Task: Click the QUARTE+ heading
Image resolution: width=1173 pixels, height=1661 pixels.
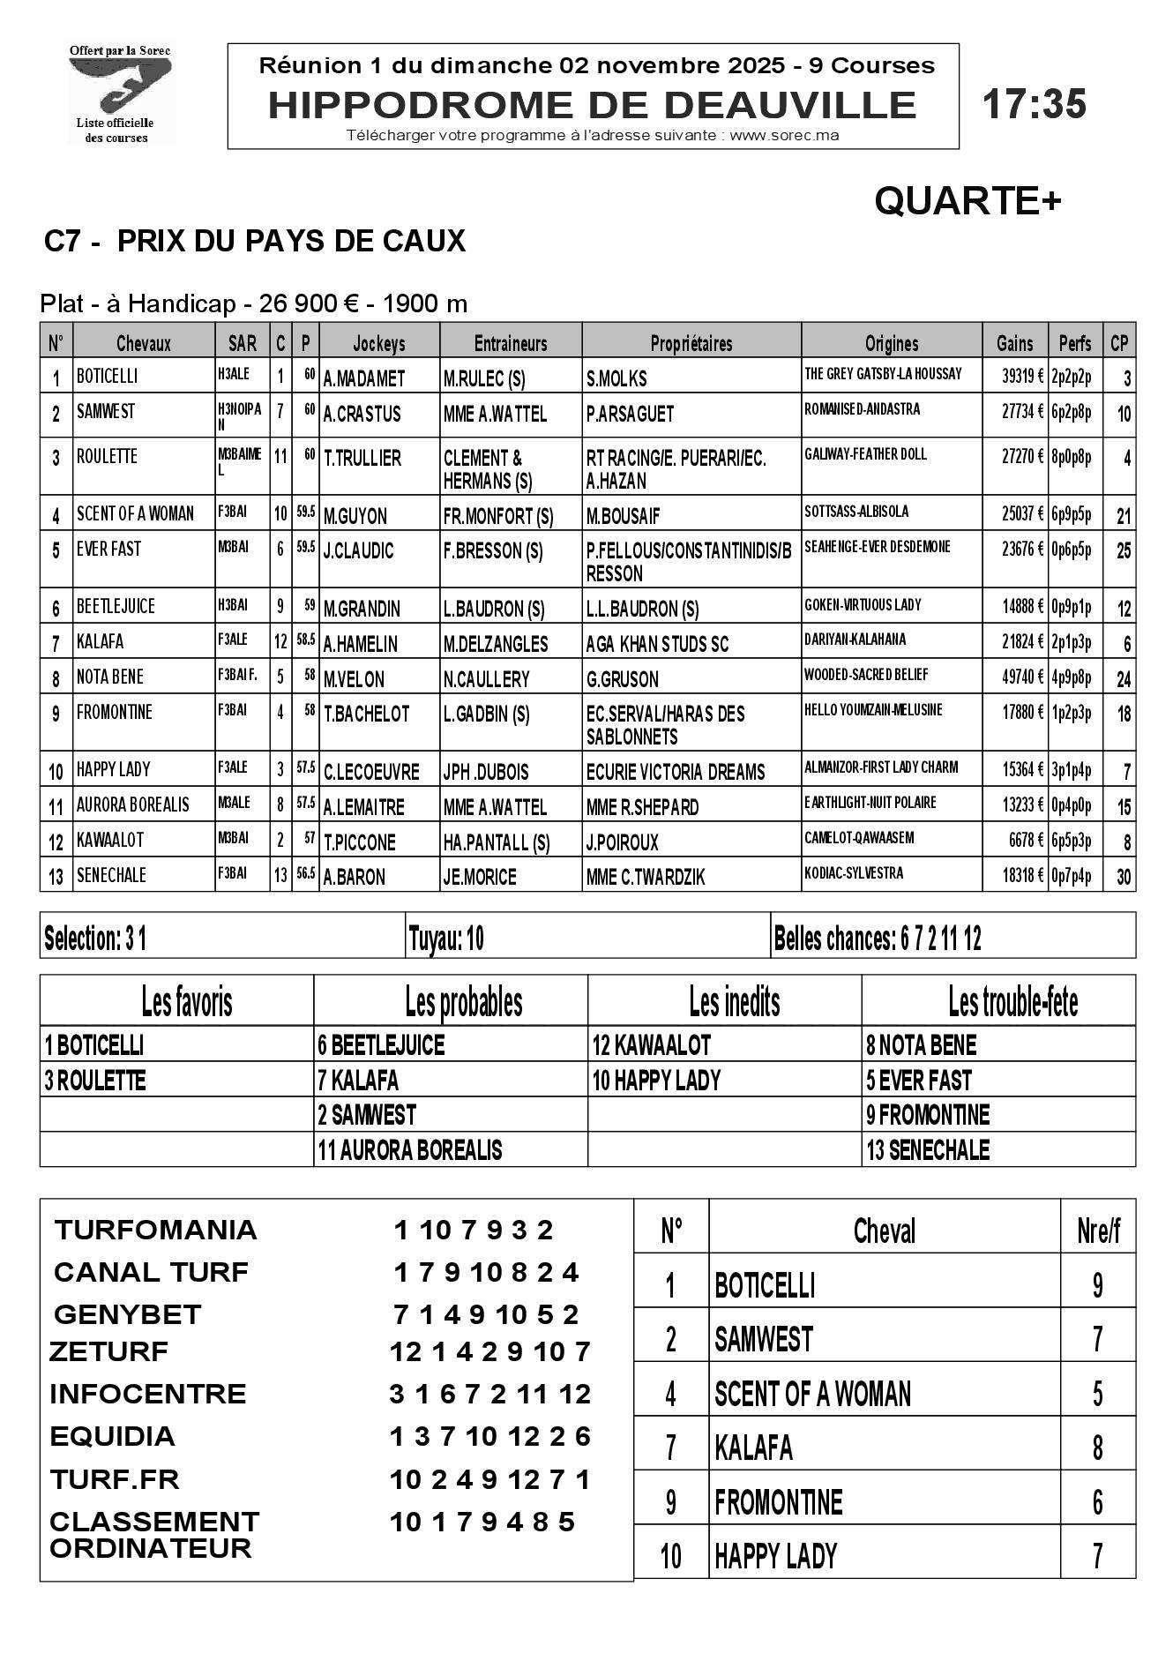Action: coord(968,202)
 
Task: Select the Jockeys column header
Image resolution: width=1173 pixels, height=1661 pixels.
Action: coord(379,343)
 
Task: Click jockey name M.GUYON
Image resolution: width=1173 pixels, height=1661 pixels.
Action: coord(355,516)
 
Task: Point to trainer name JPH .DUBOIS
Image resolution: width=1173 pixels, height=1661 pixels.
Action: coord(486,772)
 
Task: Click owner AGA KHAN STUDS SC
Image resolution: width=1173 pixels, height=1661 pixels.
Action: coord(657,644)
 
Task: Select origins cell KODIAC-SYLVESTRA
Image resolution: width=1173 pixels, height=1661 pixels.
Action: coord(854,874)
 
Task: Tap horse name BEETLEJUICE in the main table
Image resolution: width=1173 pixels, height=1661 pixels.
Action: coord(116,607)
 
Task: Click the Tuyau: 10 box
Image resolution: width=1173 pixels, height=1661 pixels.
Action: coord(446,939)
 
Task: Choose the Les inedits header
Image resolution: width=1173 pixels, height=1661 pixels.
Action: coord(734,1002)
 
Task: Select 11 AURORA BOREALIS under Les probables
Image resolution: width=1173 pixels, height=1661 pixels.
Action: coord(410,1150)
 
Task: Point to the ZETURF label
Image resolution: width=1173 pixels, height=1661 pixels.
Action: coord(108,1351)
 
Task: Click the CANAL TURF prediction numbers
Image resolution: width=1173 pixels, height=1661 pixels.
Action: coord(485,1272)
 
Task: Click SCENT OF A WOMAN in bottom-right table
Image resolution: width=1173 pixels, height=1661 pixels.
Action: coord(812,1394)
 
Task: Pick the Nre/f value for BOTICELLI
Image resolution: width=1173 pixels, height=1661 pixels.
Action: coord(1097,1285)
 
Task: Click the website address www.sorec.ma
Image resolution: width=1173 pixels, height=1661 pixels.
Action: coord(784,136)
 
